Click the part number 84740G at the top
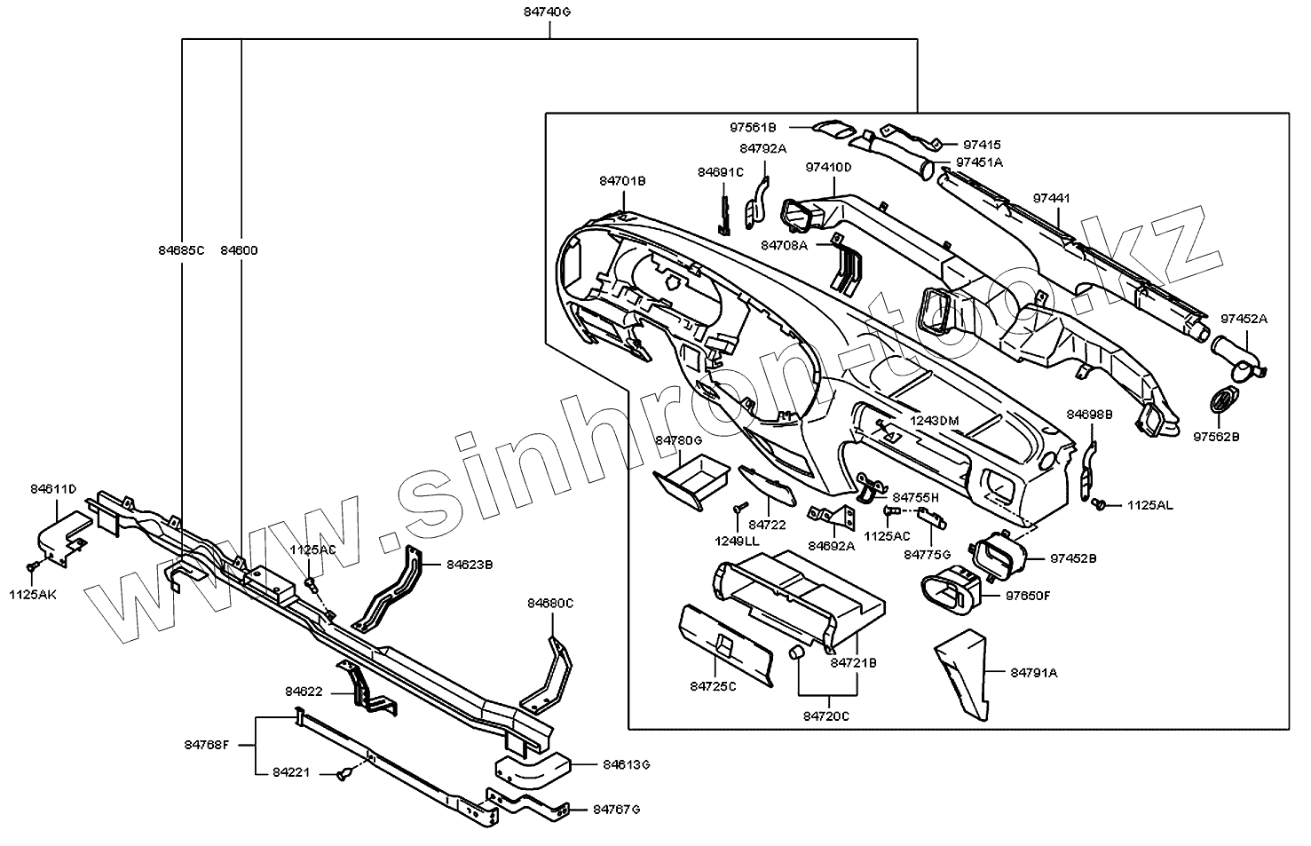pos(549,12)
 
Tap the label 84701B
pos(622,181)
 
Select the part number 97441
pos(1052,199)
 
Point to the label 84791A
pos(1034,673)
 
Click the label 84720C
pos(825,716)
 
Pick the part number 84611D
pos(53,489)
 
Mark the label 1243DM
pos(936,420)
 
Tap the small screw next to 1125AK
pos(33,565)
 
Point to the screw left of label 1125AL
pos(1101,504)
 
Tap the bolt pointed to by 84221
pos(344,776)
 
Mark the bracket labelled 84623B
pos(391,589)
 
